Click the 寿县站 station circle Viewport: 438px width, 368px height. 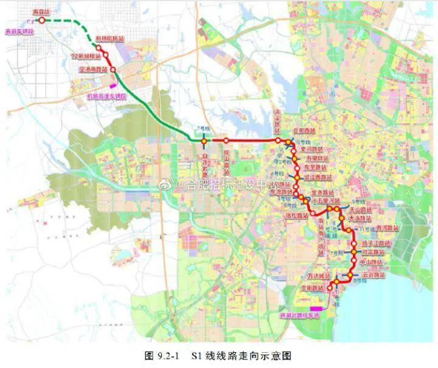[41, 19]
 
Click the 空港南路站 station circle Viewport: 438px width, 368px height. [113, 70]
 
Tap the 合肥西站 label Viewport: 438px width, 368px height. [305, 131]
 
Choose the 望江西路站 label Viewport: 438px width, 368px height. [317, 177]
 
